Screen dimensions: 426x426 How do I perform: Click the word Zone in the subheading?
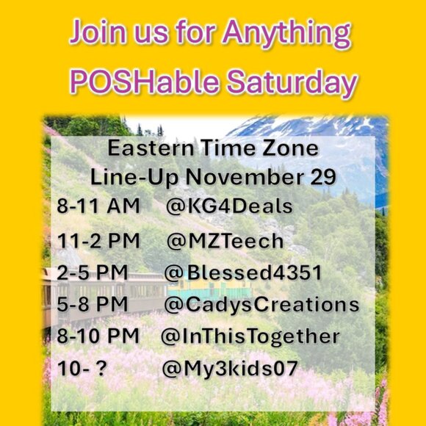pos(291,148)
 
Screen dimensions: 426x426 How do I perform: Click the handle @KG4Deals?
pos(229,208)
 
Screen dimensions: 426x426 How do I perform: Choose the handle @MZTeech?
pos(225,240)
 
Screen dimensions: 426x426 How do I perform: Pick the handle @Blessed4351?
pos(243,272)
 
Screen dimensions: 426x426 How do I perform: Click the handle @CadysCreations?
pos(261,304)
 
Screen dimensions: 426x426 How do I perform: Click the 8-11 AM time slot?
pos(97,208)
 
